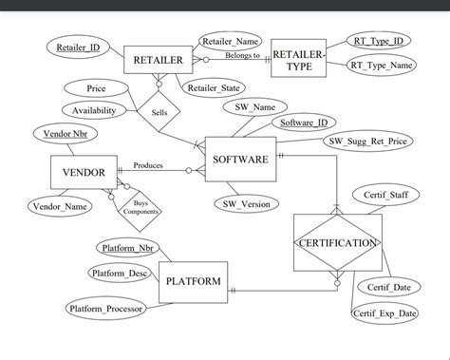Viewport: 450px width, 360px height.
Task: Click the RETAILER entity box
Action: (158, 60)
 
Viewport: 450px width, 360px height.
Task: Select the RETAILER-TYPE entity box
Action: (299, 60)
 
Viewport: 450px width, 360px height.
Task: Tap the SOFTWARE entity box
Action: (241, 159)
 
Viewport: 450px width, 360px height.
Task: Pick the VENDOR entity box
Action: (84, 173)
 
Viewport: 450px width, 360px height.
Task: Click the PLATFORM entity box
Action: (194, 281)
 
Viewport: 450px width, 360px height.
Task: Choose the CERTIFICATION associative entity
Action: (337, 243)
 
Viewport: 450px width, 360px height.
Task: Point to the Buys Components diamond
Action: (141, 208)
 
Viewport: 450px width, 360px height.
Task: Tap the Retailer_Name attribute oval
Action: (231, 41)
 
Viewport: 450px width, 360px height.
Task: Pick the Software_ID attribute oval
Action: (304, 123)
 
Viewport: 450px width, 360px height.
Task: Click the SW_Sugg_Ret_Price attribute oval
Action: (369, 142)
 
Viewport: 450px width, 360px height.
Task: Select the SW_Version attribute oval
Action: (246, 202)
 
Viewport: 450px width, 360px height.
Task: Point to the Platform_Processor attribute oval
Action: (106, 308)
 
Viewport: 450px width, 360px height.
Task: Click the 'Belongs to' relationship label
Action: (242, 55)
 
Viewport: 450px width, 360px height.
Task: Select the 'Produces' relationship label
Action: (148, 164)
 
